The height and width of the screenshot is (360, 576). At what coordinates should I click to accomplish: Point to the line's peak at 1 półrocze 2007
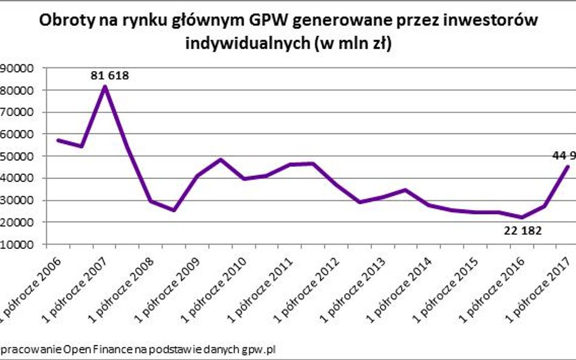105,87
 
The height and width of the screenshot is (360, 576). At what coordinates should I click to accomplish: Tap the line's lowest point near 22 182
521,217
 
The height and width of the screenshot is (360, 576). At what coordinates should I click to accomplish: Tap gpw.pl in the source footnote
262,350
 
